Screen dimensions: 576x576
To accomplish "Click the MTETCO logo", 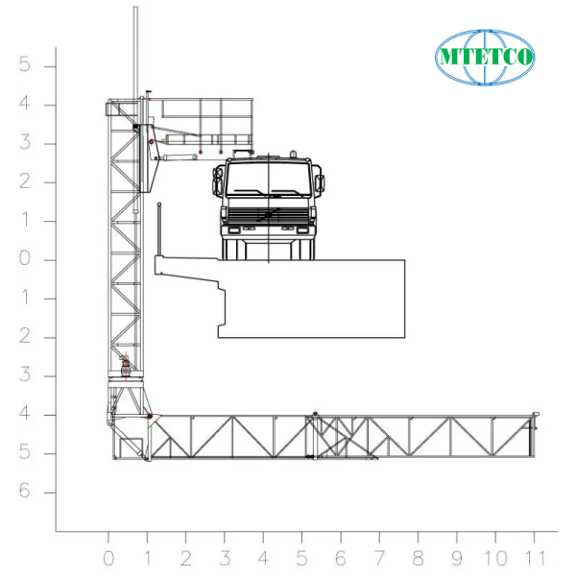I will pyautogui.click(x=485, y=56).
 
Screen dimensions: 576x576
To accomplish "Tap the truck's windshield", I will pyautogui.click(x=268, y=179).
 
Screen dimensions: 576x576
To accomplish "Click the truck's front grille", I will pyautogui.click(x=268, y=213).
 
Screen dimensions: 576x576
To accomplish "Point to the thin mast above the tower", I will pyautogui.click(x=135, y=48).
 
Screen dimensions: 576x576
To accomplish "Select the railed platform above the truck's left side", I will pyautogui.click(x=202, y=120).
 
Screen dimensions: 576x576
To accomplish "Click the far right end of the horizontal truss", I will pyautogui.click(x=533, y=434).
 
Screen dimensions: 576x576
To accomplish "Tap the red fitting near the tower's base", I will pyautogui.click(x=126, y=364).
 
